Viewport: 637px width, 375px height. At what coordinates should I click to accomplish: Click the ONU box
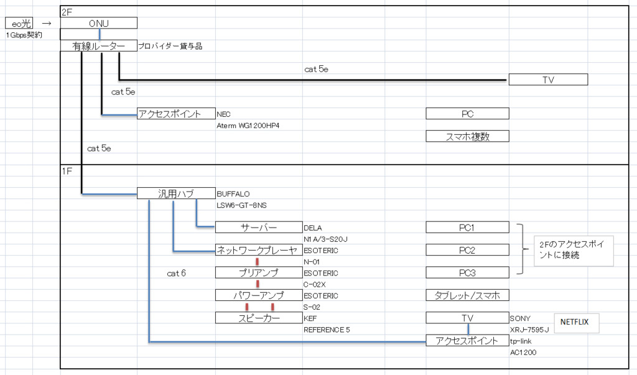pos(98,23)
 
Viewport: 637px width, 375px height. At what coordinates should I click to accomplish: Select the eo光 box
pos(21,23)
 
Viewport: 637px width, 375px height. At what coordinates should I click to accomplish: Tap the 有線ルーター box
pos(98,45)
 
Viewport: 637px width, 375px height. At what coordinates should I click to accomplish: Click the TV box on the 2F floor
pos(547,80)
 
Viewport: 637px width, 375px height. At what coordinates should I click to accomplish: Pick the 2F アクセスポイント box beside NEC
pos(176,114)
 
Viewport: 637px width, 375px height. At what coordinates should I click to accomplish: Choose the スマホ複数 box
pos(467,136)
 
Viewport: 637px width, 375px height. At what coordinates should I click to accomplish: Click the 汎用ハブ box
pos(176,193)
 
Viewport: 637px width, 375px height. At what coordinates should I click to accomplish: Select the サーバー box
pos(258,228)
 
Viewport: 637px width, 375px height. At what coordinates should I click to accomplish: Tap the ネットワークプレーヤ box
pos(258,250)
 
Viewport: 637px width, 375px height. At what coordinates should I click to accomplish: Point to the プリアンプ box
pos(258,272)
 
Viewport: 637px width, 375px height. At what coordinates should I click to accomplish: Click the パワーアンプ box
pos(258,295)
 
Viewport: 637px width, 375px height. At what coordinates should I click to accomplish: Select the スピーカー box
pos(258,318)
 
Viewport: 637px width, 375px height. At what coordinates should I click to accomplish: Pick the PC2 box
pos(467,250)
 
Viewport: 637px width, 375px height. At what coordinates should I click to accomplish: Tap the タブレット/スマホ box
pos(467,295)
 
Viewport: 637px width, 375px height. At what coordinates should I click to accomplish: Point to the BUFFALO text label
pos(233,193)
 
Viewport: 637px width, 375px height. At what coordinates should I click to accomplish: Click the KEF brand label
pos(310,318)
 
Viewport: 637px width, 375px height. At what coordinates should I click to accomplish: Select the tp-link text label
pos(521,341)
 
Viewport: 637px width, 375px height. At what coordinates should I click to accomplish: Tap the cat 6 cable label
pos(177,273)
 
